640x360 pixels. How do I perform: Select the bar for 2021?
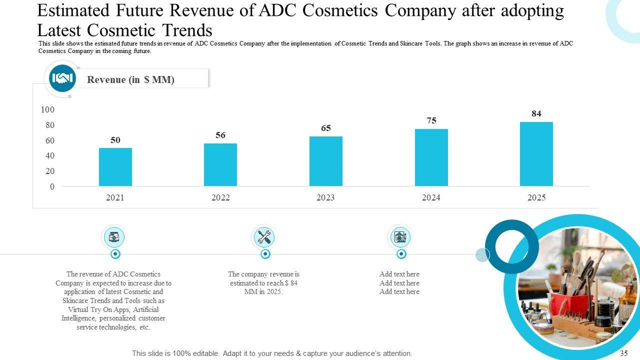pos(115,167)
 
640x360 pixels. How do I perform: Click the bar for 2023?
pos(326,161)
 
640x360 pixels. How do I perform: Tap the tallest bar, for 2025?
pos(536,154)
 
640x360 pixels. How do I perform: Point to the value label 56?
pos(220,135)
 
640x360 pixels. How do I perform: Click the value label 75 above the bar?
pos(431,120)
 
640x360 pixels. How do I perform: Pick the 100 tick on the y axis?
pos(48,109)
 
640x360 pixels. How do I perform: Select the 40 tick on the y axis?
pos(49,155)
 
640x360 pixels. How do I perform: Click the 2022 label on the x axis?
pos(220,197)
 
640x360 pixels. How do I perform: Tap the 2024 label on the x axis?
pos(431,197)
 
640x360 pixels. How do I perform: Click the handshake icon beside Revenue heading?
pos(62,78)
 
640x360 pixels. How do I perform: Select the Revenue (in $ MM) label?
pos(130,79)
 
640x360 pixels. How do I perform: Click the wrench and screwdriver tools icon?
pos(264,237)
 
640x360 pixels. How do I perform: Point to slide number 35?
pos(623,353)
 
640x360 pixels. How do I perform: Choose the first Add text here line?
pos(399,274)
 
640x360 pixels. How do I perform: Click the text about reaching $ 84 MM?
pos(263,283)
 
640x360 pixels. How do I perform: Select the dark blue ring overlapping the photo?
pos(511,246)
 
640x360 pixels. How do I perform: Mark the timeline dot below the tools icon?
pos(265,254)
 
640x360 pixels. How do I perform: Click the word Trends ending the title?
pos(186,30)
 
